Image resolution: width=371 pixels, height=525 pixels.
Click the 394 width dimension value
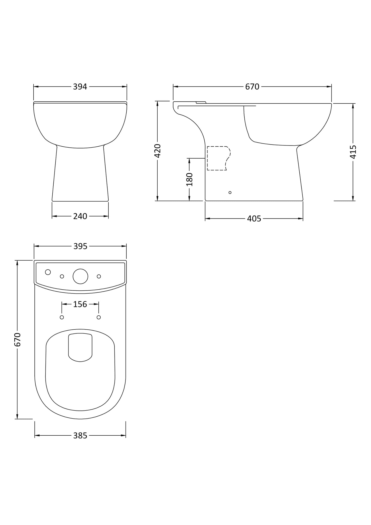(x=80, y=87)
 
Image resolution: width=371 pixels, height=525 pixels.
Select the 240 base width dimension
(x=80, y=216)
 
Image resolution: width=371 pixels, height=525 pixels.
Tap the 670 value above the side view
(x=252, y=87)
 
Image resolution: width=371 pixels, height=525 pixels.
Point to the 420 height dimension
(x=157, y=151)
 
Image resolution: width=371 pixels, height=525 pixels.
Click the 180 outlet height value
(x=189, y=179)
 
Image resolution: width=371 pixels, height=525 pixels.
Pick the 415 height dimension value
(x=353, y=152)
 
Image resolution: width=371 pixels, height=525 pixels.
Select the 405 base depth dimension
(x=254, y=219)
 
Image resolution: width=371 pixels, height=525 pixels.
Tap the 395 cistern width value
(x=80, y=246)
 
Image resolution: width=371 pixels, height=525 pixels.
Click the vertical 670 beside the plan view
(x=17, y=340)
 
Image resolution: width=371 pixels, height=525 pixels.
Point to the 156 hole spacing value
(x=80, y=304)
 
